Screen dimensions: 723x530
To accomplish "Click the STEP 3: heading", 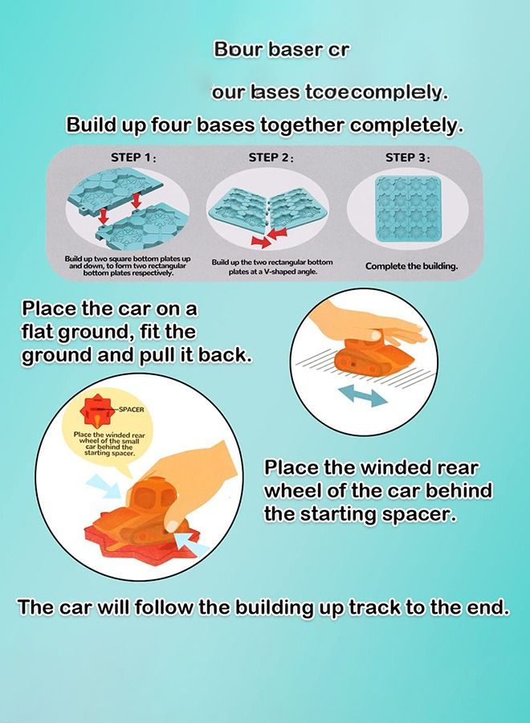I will click(x=407, y=157).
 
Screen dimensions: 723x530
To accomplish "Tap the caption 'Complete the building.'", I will click(x=411, y=266).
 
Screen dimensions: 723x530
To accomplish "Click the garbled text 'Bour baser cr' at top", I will click(x=281, y=50).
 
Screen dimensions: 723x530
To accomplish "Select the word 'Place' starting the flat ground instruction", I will click(x=50, y=309).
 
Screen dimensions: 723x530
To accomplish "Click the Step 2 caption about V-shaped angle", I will click(x=271, y=268).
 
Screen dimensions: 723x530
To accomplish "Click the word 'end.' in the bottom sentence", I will click(x=485, y=607).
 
